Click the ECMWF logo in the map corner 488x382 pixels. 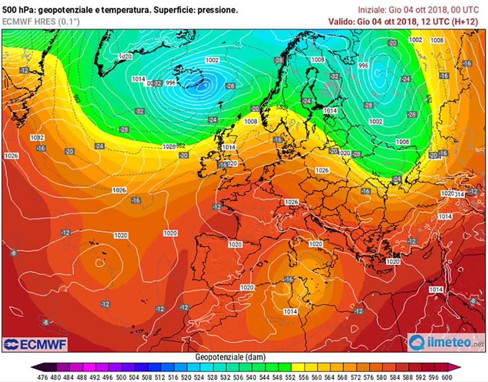coord(35,344)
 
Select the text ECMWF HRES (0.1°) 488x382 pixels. coord(41,21)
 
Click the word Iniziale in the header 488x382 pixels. coord(371,10)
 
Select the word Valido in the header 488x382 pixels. coord(341,21)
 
